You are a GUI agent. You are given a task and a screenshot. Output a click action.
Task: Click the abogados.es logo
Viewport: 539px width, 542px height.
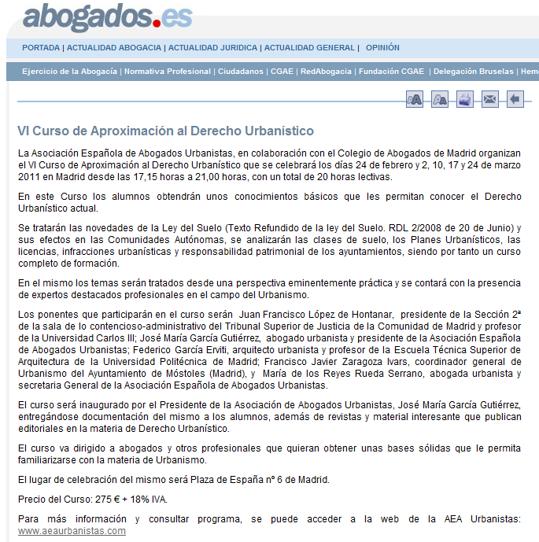click(107, 17)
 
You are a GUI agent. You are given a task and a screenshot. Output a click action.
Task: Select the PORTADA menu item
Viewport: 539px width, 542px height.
click(41, 48)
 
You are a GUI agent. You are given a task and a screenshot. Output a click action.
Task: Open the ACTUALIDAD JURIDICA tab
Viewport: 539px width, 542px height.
click(213, 48)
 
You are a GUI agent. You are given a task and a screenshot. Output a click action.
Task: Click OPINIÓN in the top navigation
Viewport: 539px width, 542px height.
click(382, 48)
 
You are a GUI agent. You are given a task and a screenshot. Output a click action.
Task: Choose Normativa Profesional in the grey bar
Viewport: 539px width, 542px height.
click(168, 72)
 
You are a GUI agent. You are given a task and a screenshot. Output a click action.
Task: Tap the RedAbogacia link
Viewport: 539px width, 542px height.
click(325, 72)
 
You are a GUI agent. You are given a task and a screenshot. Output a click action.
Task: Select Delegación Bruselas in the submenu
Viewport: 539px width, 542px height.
click(472, 72)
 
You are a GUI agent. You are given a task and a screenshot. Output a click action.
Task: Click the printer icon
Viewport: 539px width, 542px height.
click(465, 99)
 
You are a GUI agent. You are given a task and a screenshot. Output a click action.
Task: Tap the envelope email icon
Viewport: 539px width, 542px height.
click(489, 99)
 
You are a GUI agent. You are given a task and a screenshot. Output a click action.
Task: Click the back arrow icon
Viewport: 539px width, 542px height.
click(514, 99)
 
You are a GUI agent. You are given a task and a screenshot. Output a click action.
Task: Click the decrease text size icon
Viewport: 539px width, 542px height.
click(440, 99)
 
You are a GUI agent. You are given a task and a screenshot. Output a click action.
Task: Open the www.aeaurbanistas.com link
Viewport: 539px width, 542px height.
click(72, 531)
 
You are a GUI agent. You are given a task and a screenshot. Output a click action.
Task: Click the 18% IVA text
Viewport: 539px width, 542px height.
click(148, 500)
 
